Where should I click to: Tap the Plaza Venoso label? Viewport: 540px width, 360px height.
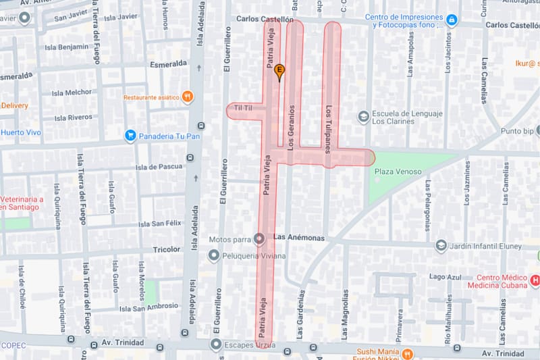coord(398,172)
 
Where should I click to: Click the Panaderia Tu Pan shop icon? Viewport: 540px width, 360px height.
coord(130,136)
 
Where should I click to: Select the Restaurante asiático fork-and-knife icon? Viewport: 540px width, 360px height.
coord(187,97)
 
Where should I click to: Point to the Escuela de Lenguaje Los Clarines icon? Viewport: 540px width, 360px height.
coord(364,117)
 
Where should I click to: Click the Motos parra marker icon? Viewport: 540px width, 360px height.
coord(259,238)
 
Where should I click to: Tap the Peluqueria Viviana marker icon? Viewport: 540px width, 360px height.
coord(214,256)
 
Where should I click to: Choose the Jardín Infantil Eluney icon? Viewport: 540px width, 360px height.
coord(441,246)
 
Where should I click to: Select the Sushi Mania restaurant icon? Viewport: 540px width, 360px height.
coord(407,354)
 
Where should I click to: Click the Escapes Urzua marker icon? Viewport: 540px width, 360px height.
coord(215,345)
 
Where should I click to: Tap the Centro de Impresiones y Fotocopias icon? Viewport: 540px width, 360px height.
coord(452,21)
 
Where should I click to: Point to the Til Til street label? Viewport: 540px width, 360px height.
coord(242,108)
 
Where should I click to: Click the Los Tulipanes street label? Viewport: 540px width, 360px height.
coord(329,128)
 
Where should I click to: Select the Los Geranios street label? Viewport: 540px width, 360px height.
coord(292,126)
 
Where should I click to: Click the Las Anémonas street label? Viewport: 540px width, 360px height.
coord(299,238)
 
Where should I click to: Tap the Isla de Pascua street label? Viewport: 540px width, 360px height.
coord(159,167)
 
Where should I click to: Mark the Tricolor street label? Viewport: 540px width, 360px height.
coord(167,249)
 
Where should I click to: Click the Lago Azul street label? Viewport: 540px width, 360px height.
coord(446,277)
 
